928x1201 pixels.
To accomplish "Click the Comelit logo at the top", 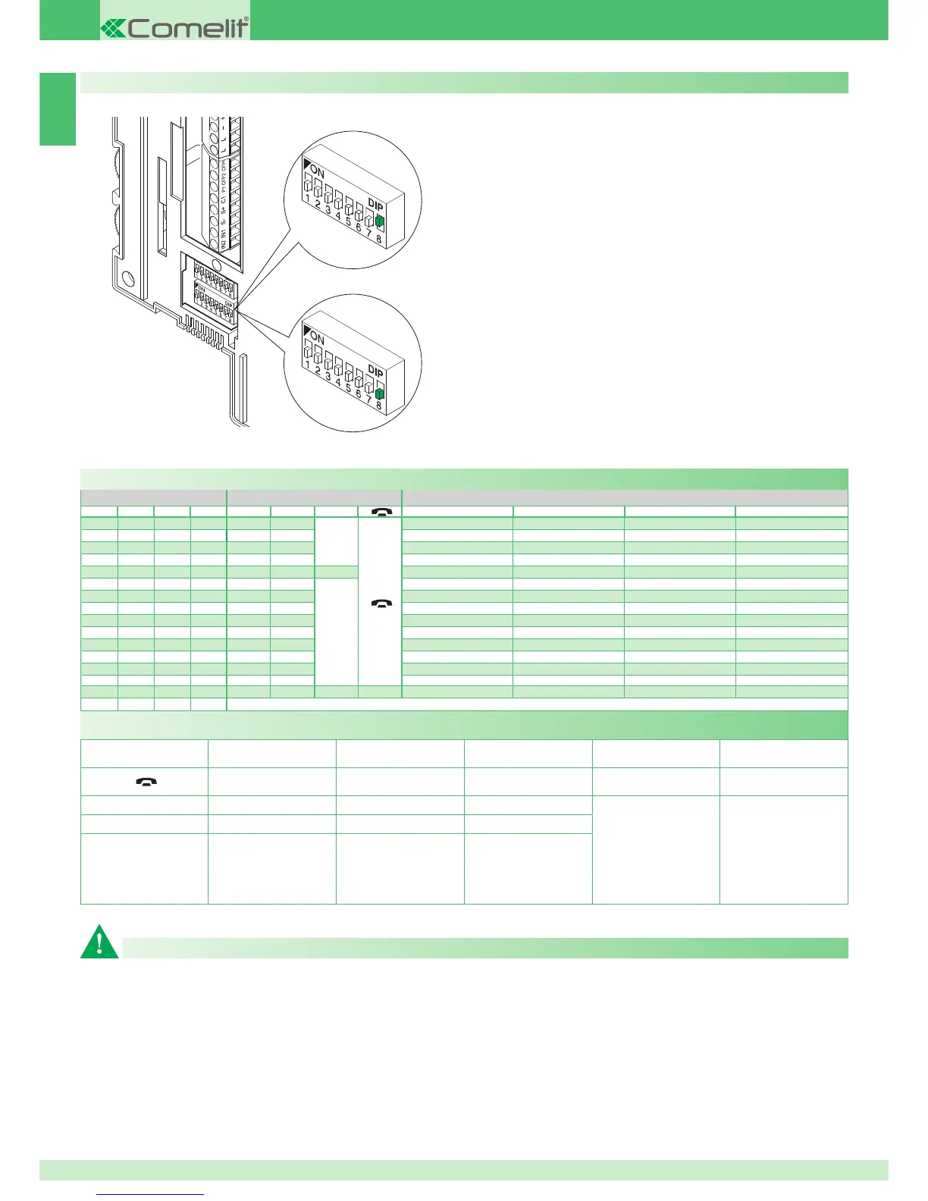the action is click(175, 28).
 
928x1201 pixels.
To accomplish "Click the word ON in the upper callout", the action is click(318, 173).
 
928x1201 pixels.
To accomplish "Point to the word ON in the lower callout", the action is click(318, 338).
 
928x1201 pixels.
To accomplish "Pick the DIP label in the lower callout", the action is click(376, 371).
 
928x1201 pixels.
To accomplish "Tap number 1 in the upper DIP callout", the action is click(307, 197).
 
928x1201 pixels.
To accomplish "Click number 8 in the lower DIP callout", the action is click(379, 406).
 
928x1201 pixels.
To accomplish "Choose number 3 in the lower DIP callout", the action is click(328, 375).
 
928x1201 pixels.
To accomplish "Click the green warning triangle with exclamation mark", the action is click(99, 942).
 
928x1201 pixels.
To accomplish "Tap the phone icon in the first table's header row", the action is click(381, 512).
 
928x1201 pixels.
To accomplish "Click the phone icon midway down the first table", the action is click(381, 604).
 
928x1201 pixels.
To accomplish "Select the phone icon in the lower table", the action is click(144, 782).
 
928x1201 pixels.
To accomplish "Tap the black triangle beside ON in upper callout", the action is click(307, 164).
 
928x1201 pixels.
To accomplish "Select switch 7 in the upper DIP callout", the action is click(369, 221).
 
